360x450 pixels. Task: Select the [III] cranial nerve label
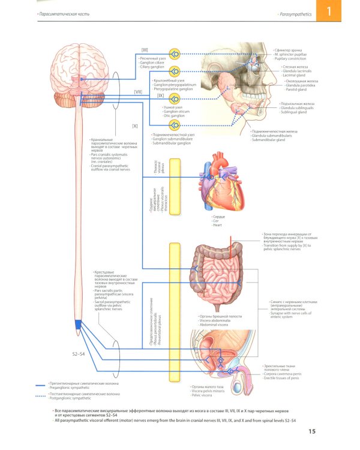click(x=145, y=49)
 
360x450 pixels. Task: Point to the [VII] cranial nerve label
click(x=137, y=92)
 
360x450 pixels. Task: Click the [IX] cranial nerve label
click(x=160, y=95)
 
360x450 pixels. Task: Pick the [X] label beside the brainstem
click(x=135, y=125)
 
